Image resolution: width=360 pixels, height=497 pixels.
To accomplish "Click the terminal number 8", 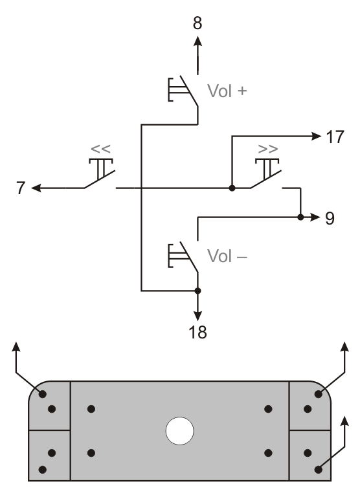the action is [197, 23].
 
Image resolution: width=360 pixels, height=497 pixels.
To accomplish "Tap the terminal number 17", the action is [335, 137].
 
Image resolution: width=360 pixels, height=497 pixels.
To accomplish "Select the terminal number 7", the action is [21, 188].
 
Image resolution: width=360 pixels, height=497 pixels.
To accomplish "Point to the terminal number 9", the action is [330, 218].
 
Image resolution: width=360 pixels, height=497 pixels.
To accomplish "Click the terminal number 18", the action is [197, 333].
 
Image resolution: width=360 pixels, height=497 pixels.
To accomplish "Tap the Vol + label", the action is [227, 91].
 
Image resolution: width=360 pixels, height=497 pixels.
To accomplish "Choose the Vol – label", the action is [227, 256].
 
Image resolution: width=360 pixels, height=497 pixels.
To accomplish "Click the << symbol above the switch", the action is [100, 149].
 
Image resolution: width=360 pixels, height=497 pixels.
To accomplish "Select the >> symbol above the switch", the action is [268, 149].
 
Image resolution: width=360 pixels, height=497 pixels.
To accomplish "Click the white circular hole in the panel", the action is [179, 431].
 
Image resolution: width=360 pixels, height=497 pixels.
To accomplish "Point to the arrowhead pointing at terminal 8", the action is [197, 42].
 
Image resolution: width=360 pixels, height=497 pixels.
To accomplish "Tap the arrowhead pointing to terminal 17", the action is [315, 137].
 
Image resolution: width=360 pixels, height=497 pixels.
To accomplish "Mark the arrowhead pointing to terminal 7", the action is [37, 188].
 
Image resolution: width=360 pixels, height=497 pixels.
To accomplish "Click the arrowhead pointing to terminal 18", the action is [197, 316].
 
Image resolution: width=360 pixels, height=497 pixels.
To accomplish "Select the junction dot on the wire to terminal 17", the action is [232, 188].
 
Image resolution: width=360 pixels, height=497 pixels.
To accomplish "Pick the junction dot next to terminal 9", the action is [300, 217].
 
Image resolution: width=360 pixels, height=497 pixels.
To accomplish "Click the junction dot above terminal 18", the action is [197, 291].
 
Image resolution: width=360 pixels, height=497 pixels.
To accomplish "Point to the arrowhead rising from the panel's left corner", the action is [16, 347].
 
